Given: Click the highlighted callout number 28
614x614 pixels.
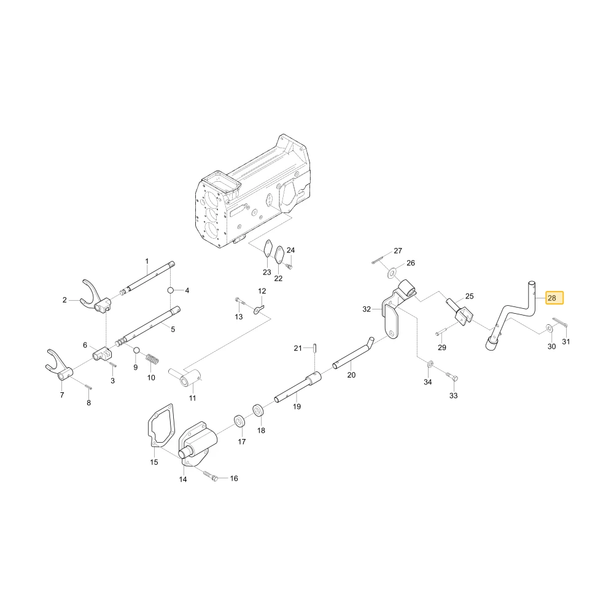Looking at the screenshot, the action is click(552, 298).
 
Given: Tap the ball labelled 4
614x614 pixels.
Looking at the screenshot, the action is click(171, 290).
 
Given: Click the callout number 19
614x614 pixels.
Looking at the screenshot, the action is click(297, 406).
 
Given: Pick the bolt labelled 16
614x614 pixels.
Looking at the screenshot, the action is click(211, 475).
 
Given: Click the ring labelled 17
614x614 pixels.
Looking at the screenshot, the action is click(239, 421).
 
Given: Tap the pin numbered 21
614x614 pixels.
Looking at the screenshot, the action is click(315, 348).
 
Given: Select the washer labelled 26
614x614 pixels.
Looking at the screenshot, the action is click(392, 273).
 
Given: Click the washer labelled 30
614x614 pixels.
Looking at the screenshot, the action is click(550, 328).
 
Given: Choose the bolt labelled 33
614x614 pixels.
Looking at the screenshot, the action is click(453, 378).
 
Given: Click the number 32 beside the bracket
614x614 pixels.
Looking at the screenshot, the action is click(367, 309).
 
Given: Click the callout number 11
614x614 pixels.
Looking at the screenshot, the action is click(192, 398).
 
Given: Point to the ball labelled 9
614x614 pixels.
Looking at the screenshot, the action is click(136, 350).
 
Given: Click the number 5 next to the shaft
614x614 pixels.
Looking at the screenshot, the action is click(173, 329).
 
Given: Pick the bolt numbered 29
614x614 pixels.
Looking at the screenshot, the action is click(440, 333).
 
